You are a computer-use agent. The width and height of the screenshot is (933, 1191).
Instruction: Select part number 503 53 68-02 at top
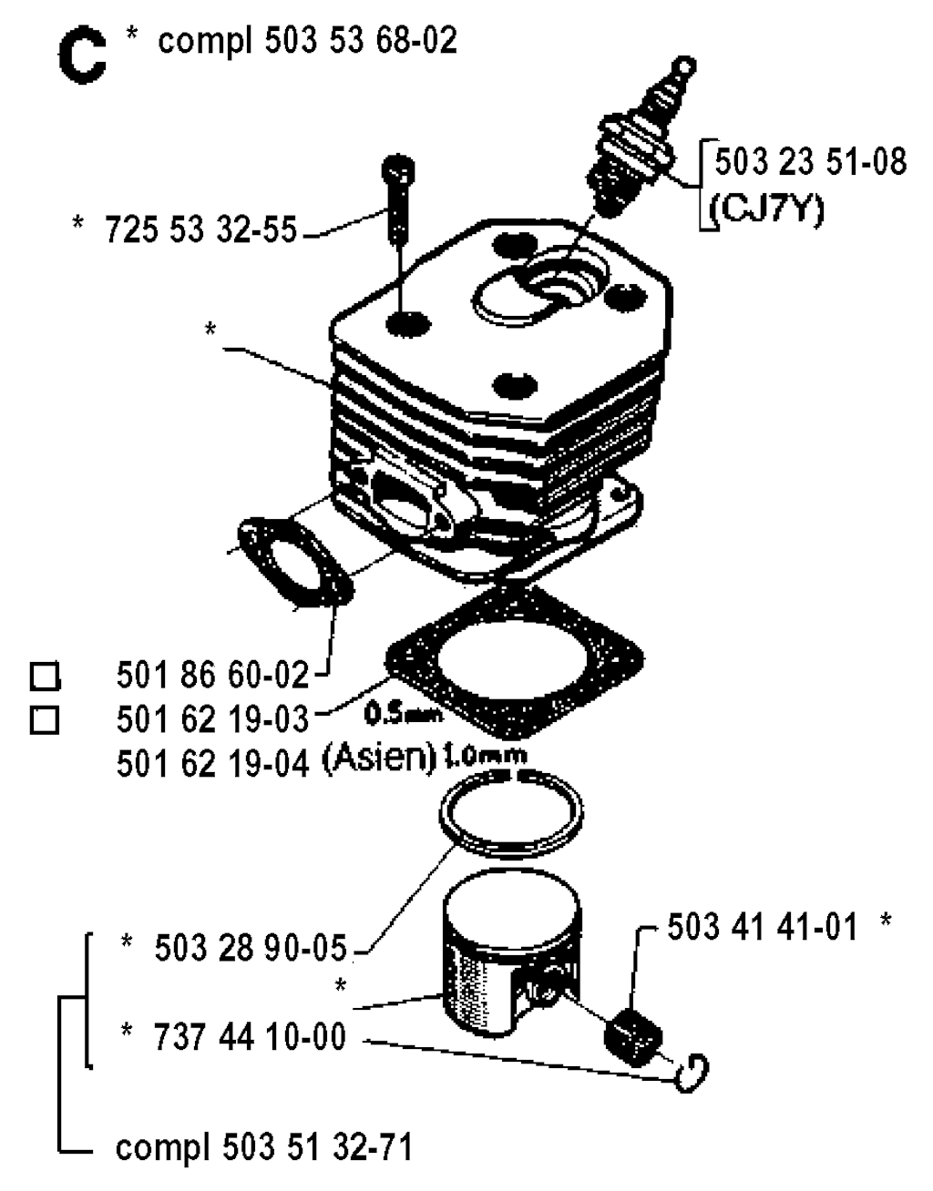click(x=361, y=41)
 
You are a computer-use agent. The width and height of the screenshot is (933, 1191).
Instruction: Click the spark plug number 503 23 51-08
click(x=811, y=162)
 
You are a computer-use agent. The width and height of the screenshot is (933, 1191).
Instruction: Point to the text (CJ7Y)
click(x=767, y=208)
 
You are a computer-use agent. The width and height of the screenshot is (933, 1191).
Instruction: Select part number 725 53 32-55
click(x=200, y=229)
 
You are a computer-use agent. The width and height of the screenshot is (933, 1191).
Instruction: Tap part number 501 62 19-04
click(x=212, y=764)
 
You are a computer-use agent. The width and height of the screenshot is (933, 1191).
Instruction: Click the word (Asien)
click(x=378, y=760)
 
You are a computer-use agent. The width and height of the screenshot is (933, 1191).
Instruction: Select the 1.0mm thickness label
click(x=485, y=756)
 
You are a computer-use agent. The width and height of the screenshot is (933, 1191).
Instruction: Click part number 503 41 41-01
click(x=762, y=928)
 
